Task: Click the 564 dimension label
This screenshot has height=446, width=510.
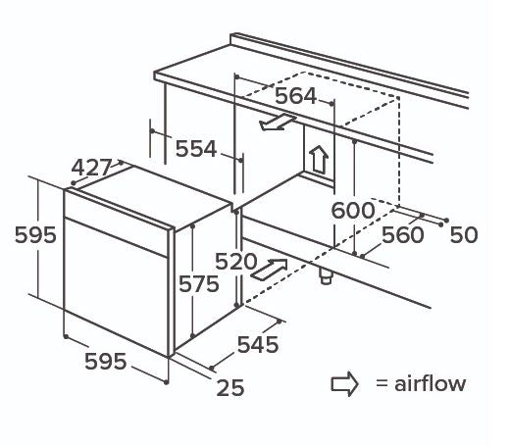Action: [x=296, y=96]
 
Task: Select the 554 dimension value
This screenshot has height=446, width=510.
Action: [x=196, y=149]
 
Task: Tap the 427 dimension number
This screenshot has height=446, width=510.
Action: [x=91, y=168]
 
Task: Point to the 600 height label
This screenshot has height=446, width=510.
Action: [x=353, y=210]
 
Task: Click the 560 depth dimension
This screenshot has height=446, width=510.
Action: [x=403, y=235]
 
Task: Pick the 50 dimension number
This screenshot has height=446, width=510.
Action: [x=464, y=235]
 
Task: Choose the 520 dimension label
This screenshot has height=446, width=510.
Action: [x=236, y=262]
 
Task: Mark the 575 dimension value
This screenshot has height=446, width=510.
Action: [x=199, y=284]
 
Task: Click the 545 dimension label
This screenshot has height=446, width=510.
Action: [x=258, y=344]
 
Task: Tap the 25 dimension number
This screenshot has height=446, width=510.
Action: [x=230, y=388]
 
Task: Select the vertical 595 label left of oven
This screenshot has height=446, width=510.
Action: [x=35, y=235]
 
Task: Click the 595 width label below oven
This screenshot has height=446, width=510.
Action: [x=105, y=362]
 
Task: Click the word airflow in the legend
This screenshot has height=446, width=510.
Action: [x=430, y=383]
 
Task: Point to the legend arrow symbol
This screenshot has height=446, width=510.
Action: [x=344, y=384]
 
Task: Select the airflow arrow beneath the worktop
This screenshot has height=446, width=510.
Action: [x=278, y=123]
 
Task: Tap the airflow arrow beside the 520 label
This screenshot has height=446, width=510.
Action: [x=269, y=270]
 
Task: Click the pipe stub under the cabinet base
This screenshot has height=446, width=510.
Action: [x=326, y=276]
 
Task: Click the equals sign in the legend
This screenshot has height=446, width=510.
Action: [x=382, y=383]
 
